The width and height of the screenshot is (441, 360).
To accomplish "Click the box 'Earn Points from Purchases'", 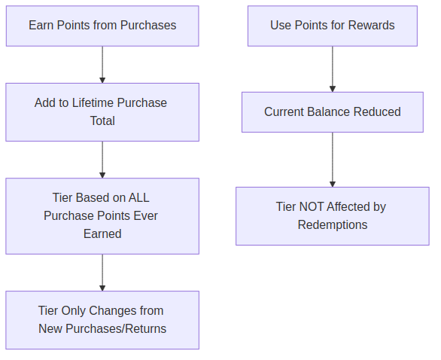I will (102, 26).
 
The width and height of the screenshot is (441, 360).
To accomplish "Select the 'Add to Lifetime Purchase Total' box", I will (102, 111).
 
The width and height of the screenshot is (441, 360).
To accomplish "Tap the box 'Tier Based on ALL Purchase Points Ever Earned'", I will (102, 215).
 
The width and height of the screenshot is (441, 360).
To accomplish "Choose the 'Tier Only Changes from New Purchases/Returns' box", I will (102, 319).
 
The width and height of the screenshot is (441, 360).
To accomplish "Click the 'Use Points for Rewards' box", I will (332, 26).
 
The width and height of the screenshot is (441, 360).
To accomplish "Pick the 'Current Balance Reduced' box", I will (332, 111).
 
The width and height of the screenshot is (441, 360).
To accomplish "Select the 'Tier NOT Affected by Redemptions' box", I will (332, 215).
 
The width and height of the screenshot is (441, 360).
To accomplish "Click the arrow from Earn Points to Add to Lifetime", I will (102, 65).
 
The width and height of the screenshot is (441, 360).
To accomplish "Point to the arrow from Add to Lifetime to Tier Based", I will (102, 160).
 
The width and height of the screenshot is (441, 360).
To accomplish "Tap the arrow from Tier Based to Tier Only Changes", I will (102, 273).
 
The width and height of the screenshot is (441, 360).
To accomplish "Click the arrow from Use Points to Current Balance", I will (332, 69).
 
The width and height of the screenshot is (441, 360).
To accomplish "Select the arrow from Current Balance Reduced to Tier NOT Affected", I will (332, 160).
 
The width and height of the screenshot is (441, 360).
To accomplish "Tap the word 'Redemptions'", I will (332, 225).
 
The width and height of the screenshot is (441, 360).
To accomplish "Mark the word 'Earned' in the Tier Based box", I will (102, 234).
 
